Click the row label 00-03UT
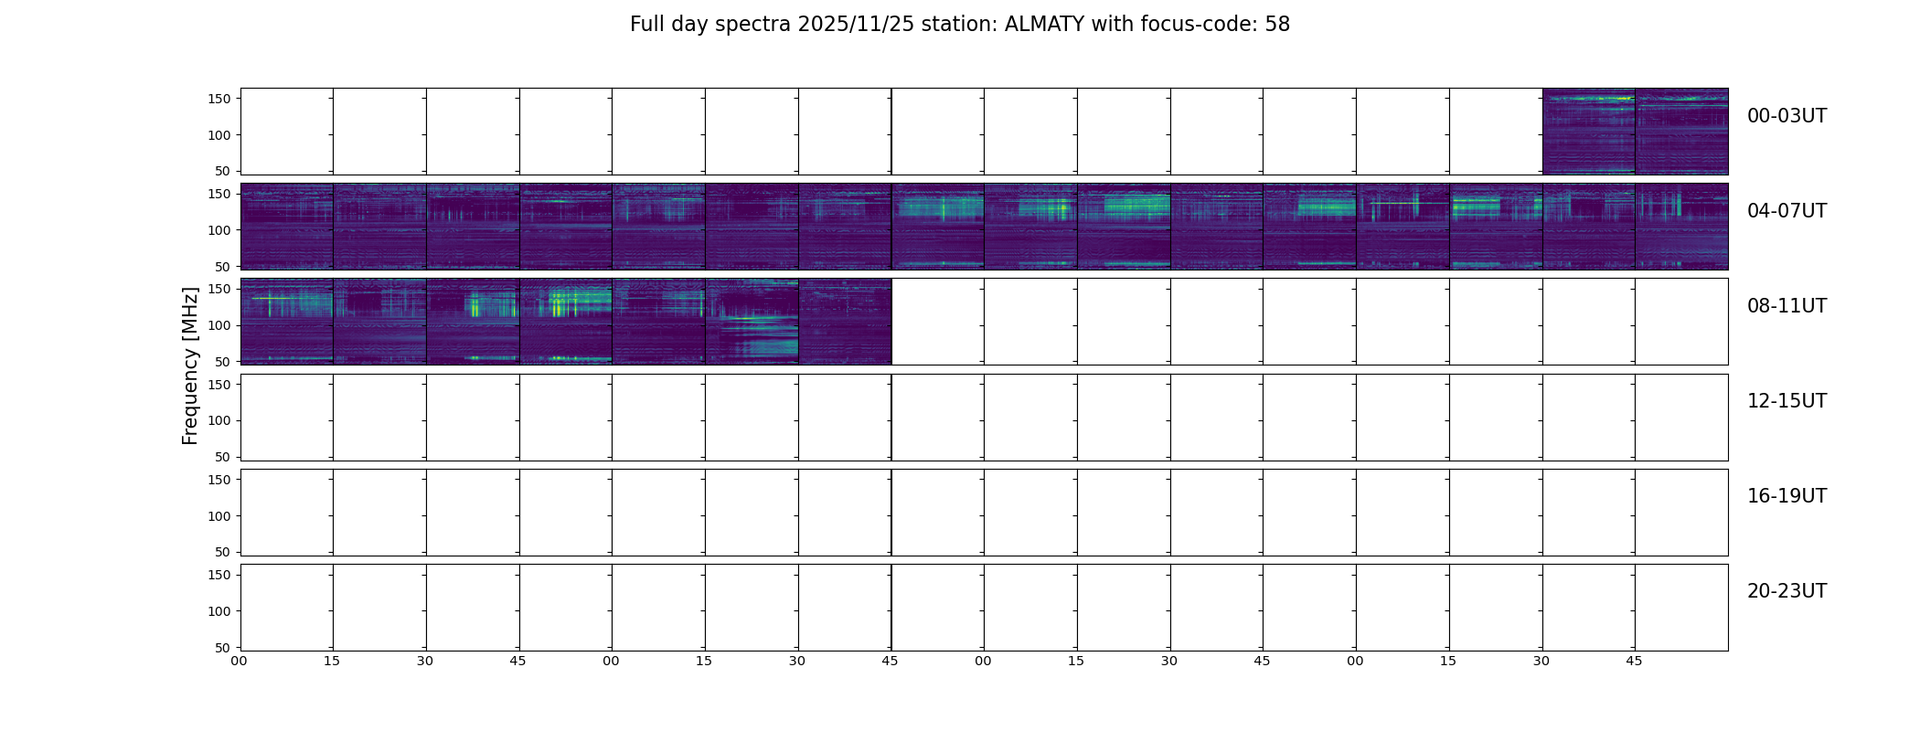pyautogui.click(x=1787, y=116)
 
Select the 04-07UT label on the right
pyautogui.click(x=1787, y=211)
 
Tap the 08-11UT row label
pyautogui.click(x=1787, y=306)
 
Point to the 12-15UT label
pyautogui.click(x=1787, y=401)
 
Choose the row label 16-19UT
pyautogui.click(x=1787, y=496)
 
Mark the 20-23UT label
pyautogui.click(x=1787, y=591)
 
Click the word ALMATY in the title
pyautogui.click(x=1042, y=25)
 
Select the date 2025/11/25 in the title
pyautogui.click(x=849, y=25)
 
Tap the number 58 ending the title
pyautogui.click(x=1277, y=25)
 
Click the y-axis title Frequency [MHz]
pyautogui.click(x=190, y=365)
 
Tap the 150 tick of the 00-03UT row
pyautogui.click(x=219, y=100)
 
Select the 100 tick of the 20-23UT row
pyautogui.click(x=219, y=611)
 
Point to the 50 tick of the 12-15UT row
pyautogui.click(x=223, y=457)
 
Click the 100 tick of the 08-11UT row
pyautogui.click(x=219, y=325)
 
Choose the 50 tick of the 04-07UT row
pyautogui.click(x=223, y=267)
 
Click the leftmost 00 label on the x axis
pyautogui.click(x=239, y=661)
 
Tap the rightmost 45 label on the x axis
pyautogui.click(x=1634, y=661)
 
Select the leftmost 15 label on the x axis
pyautogui.click(x=332, y=661)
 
